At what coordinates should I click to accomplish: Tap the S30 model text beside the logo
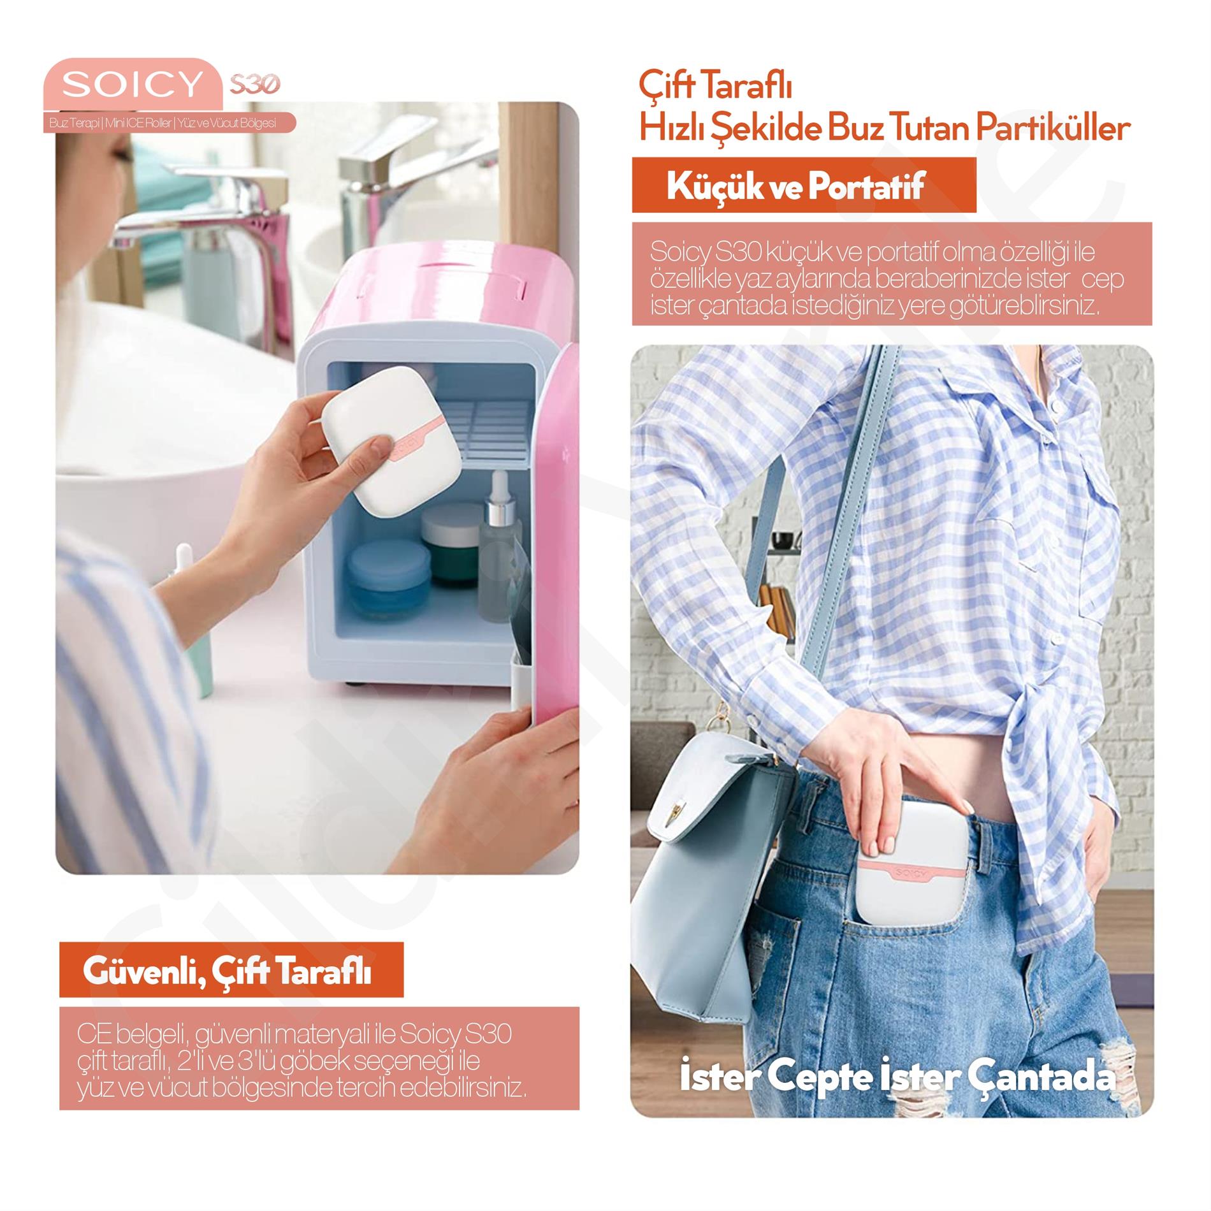click(x=254, y=84)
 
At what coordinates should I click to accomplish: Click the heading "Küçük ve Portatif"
click(x=795, y=187)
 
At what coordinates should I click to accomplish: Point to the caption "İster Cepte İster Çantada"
click(x=897, y=1077)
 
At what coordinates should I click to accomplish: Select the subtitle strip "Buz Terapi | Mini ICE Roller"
click(x=163, y=123)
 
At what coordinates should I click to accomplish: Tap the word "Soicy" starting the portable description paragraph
click(x=679, y=252)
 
